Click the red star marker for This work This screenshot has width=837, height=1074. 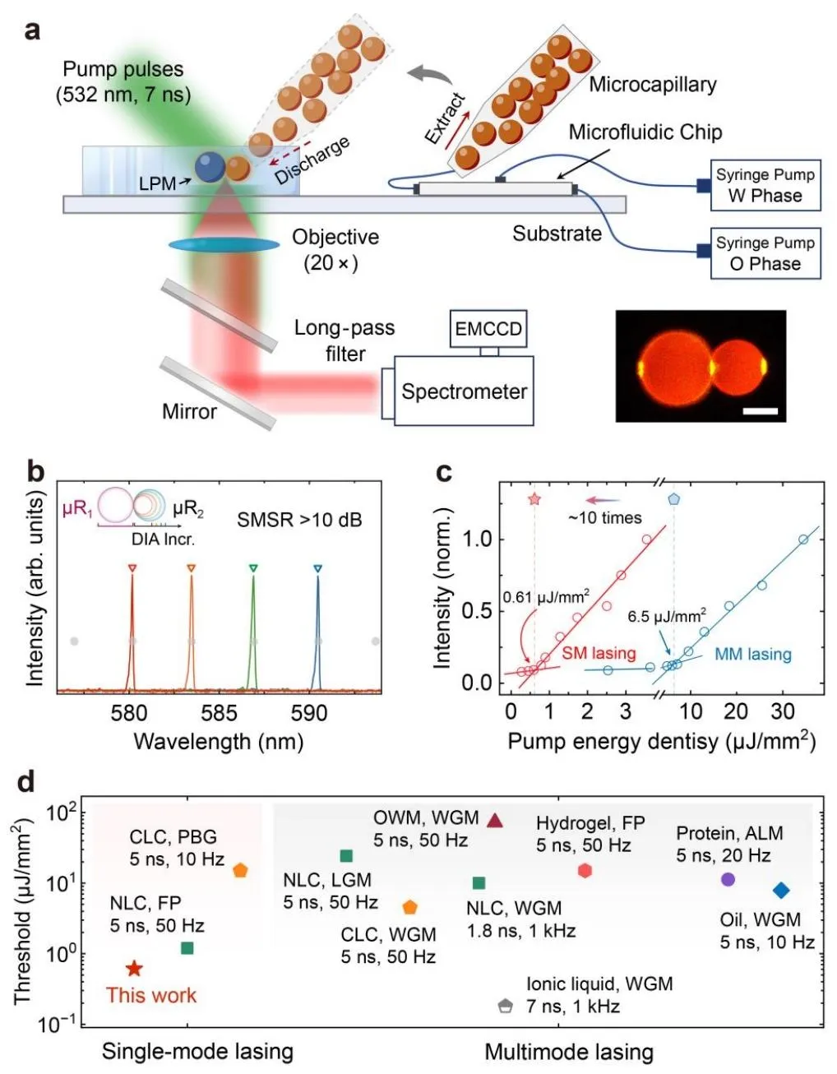click(x=134, y=969)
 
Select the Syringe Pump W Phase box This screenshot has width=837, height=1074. click(x=765, y=185)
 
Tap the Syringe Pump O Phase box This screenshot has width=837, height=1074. click(x=765, y=253)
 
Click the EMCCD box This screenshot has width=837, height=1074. click(x=488, y=329)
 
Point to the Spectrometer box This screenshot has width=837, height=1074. click(x=464, y=391)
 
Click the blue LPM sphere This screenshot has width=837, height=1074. click(x=210, y=167)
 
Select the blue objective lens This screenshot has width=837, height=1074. click(x=224, y=244)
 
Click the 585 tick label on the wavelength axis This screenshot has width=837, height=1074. click(x=219, y=713)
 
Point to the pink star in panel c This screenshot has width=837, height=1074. click(x=534, y=499)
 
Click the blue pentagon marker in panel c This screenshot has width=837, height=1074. click(x=674, y=498)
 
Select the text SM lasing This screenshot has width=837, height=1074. click(x=599, y=653)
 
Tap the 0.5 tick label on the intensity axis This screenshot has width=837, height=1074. click(x=477, y=611)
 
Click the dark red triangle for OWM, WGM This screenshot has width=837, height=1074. click(x=495, y=820)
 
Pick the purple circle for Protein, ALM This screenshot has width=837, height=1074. click(x=728, y=879)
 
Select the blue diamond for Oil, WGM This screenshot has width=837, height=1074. click(x=781, y=890)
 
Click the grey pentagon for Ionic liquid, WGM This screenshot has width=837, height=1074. click(x=505, y=1005)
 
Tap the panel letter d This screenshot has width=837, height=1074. click(x=27, y=781)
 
